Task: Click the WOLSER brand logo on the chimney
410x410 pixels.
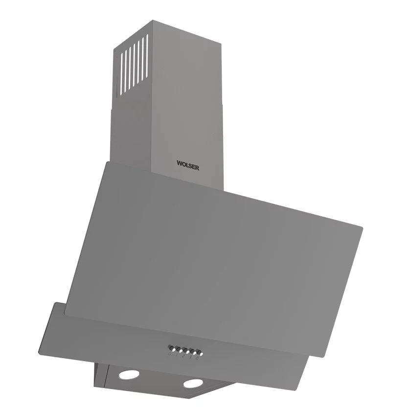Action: click(x=188, y=165)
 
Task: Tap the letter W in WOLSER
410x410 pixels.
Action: click(x=180, y=163)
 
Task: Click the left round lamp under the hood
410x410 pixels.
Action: click(x=129, y=375)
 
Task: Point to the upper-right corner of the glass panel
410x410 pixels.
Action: click(x=362, y=227)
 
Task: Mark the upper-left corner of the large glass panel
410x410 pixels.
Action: click(x=105, y=162)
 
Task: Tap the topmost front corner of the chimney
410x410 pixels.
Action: click(x=153, y=21)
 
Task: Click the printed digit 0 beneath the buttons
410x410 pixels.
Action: click(x=170, y=354)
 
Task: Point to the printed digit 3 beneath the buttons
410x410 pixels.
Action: click(x=190, y=357)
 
